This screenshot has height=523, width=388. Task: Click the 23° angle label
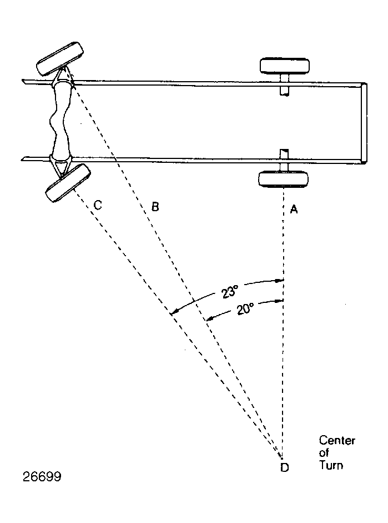[x=230, y=291]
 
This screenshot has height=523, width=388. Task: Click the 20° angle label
[x=245, y=308]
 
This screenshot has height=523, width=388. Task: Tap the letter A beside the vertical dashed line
[x=294, y=209]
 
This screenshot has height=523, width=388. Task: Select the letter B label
[x=155, y=207]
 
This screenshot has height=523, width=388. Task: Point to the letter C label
[x=98, y=205]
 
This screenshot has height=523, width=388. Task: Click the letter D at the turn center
[x=284, y=467]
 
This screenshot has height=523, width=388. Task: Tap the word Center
[x=337, y=440]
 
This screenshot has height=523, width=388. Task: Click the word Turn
[x=331, y=465]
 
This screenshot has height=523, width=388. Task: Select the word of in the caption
[x=324, y=452]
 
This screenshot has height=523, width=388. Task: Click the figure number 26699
[x=42, y=477]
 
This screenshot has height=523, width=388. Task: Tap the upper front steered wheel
[x=60, y=59]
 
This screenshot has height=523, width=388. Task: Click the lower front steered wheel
[x=68, y=183]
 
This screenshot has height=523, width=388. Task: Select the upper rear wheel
[x=285, y=66]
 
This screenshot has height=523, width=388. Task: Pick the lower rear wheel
[x=284, y=179]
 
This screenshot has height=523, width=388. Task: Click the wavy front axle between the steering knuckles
[x=60, y=121]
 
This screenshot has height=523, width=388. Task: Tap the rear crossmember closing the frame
[x=364, y=123]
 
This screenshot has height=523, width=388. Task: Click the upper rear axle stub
[x=284, y=85]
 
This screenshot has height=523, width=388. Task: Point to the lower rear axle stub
[x=284, y=160]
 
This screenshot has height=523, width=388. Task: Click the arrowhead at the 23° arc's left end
[x=172, y=313]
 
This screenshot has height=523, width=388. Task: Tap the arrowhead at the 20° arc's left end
[x=209, y=319]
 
